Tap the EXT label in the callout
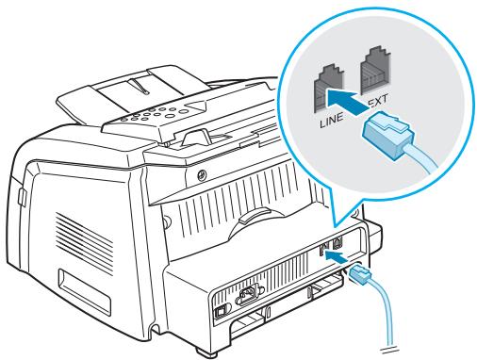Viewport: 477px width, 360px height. [x=378, y=101]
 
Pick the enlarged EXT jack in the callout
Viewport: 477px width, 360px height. [x=376, y=71]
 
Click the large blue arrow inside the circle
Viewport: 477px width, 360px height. [x=348, y=102]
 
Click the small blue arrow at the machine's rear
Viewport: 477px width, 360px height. [x=336, y=256]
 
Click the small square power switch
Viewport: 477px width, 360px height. [x=220, y=313]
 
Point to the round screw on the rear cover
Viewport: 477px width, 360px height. [x=202, y=175]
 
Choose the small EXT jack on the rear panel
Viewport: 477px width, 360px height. [x=337, y=242]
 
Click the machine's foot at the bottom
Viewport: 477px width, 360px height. [x=206, y=351]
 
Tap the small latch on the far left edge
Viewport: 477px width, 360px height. [x=22, y=197]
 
